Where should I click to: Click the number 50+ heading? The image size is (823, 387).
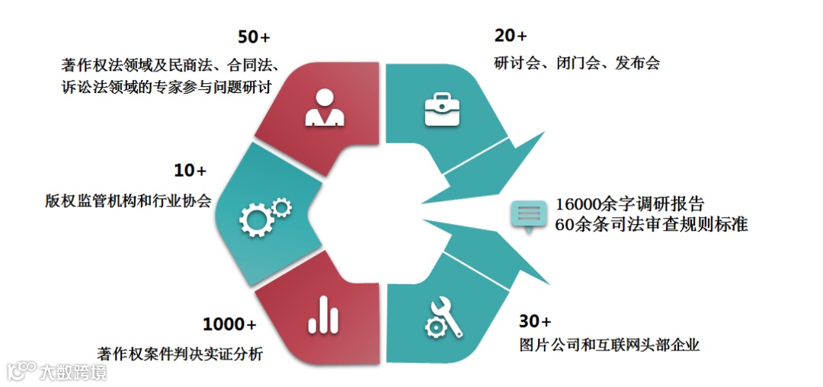pyautogui.click(x=254, y=37)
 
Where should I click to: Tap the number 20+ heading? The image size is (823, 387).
pyautogui.click(x=510, y=37)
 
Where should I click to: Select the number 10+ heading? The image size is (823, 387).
pyautogui.click(x=191, y=171)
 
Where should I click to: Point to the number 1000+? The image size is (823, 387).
pyautogui.click(x=229, y=325)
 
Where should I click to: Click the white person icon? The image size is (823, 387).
pyautogui.click(x=325, y=107)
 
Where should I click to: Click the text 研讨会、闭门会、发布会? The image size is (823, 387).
pyautogui.click(x=576, y=62)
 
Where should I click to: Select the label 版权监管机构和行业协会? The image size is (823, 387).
pyautogui.click(x=129, y=201)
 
